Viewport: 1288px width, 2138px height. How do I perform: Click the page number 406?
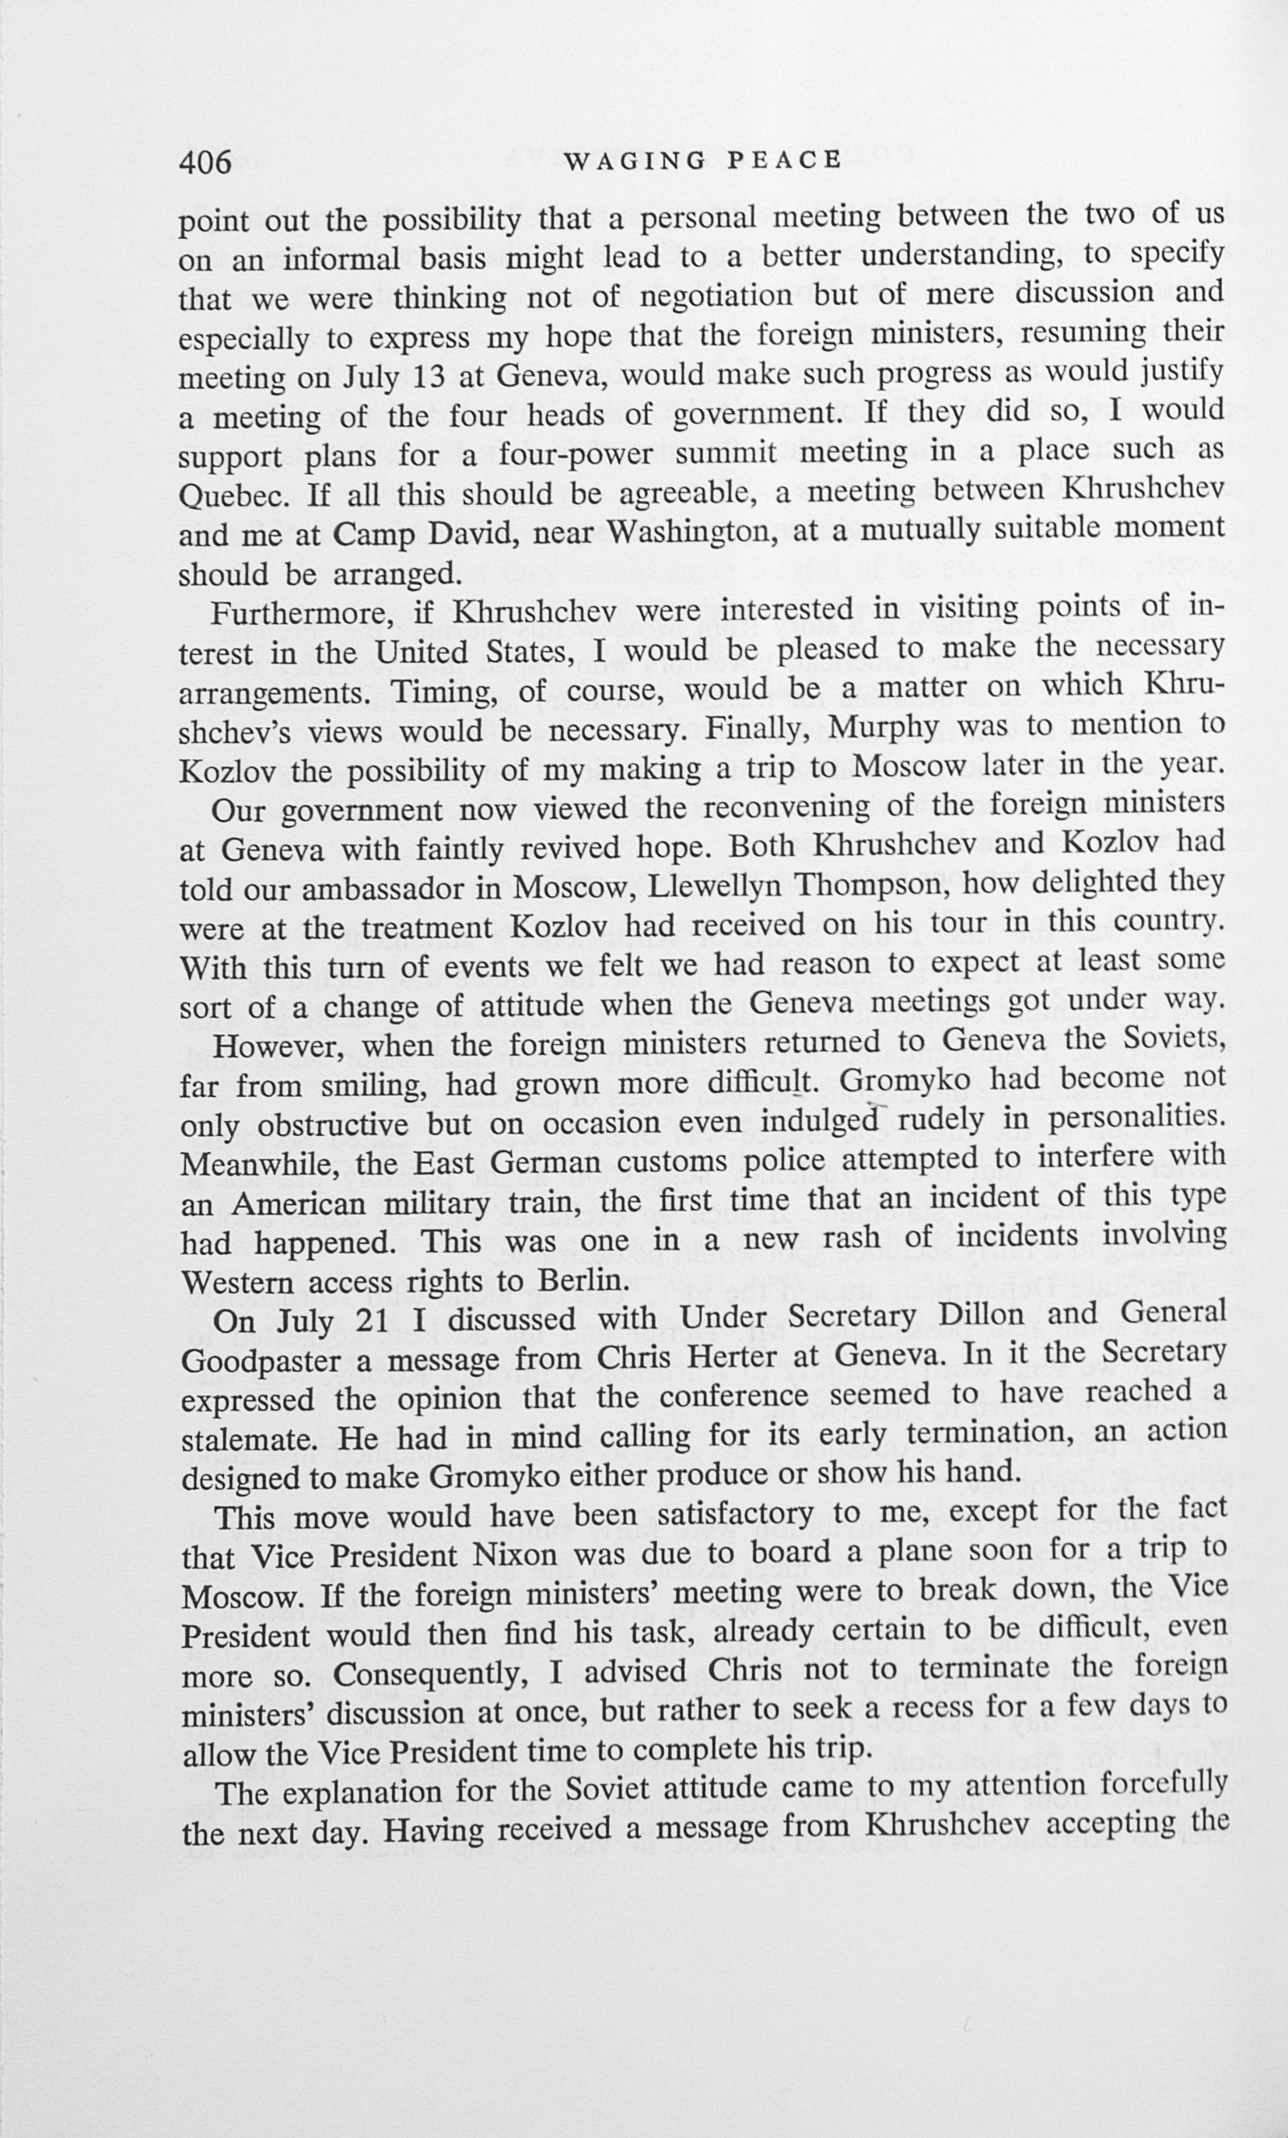click(x=205, y=161)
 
